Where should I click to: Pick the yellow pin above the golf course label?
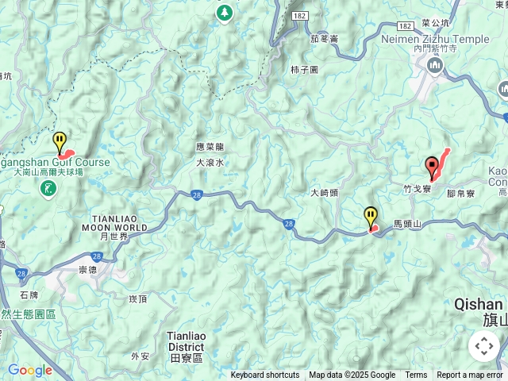tap(60, 142)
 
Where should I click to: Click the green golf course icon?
tap(50, 188)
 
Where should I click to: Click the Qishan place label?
tap(479, 304)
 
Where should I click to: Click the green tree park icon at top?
tap(225, 13)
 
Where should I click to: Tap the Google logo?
tap(29, 370)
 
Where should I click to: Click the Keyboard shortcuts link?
tap(265, 375)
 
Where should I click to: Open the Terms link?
tap(416, 375)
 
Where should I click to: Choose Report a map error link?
tap(469, 375)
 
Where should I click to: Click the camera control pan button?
tap(483, 346)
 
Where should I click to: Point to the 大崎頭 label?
tap(324, 193)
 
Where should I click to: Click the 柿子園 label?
tap(304, 70)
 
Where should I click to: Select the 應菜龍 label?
tap(210, 147)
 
